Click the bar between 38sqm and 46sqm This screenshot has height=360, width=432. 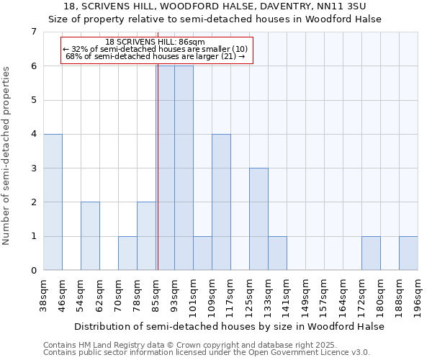pos(53,202)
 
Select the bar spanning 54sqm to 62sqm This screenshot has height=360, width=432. pos(90,236)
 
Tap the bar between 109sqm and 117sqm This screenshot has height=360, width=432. pos(221,202)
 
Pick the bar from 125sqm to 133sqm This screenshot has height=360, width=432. pos(258,219)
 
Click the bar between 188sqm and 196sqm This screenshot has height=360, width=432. pos(408,253)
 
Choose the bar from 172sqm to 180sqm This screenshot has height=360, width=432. pos(371,253)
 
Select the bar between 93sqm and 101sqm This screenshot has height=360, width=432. pos(184,168)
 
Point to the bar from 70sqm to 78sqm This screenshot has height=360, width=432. pos(127,253)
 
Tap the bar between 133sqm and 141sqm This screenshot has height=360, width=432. pos(277,253)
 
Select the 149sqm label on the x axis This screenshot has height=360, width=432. pos(305,294)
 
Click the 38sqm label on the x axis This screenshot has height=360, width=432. pos(43,294)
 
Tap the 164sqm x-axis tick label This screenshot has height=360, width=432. pos(343,294)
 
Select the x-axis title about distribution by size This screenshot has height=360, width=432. pos(230,326)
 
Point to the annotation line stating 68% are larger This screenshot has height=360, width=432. pos(156,56)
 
